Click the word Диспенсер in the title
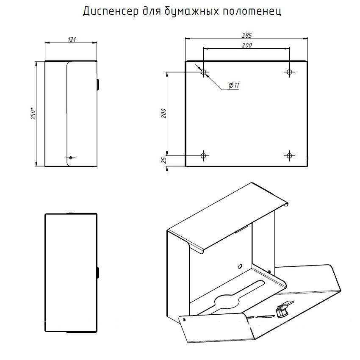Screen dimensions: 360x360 111,11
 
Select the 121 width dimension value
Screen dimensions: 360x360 72,39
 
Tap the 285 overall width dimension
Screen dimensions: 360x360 247,35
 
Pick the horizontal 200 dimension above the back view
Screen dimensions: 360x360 247,45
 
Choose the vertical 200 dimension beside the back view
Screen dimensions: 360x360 164,114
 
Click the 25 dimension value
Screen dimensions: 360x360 164,160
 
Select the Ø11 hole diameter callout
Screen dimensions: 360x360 234,86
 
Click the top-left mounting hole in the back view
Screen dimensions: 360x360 203,72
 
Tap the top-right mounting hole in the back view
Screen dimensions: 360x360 289,72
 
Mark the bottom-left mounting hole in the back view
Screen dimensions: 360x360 203,156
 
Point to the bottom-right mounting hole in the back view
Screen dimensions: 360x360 289,156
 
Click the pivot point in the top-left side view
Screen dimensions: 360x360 71,158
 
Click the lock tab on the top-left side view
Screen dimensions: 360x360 98,84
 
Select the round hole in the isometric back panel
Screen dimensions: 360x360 240,266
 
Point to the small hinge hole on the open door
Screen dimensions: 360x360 184,319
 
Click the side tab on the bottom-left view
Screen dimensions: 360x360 98,273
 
